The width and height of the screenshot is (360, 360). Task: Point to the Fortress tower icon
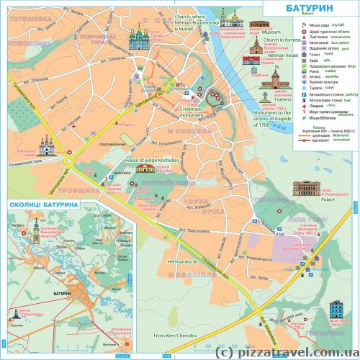coord(265,96)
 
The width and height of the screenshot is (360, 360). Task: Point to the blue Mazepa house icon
coord(336,308)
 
